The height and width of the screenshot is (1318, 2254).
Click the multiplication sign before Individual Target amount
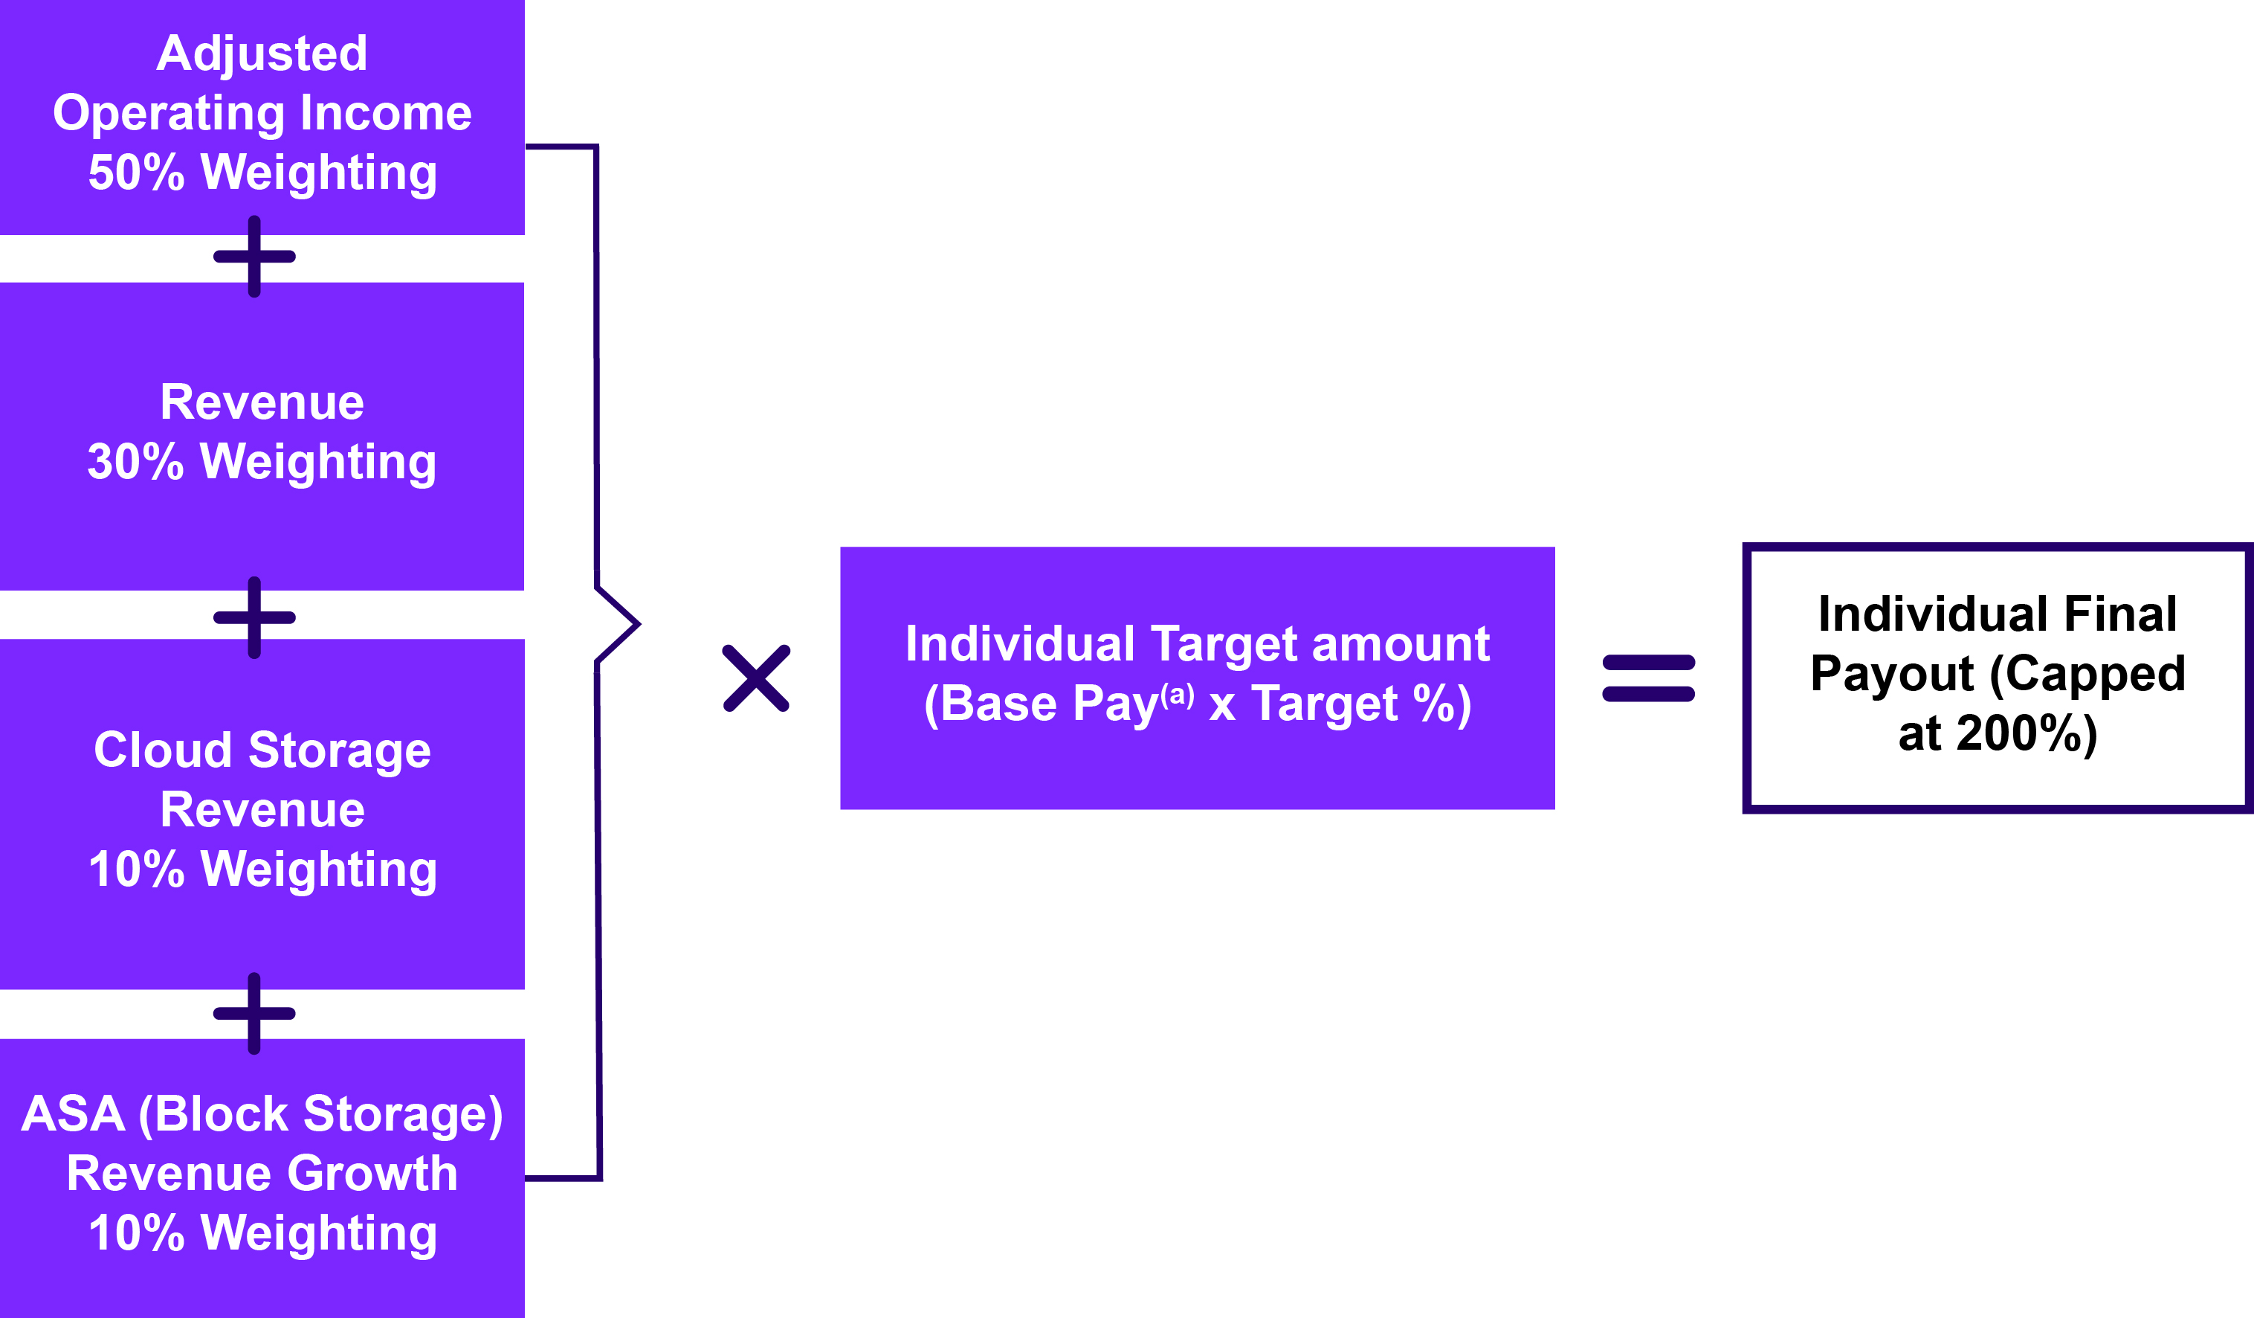pyautogui.click(x=756, y=678)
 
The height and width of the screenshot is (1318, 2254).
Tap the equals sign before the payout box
pyautogui.click(x=1648, y=678)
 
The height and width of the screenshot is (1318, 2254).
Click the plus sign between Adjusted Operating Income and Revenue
pyautogui.click(x=254, y=257)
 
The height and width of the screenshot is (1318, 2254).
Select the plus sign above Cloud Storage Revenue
pyautogui.click(x=254, y=617)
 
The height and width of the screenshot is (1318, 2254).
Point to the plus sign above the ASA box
pyautogui.click(x=254, y=1014)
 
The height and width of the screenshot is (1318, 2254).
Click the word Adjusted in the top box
pyautogui.click(x=262, y=54)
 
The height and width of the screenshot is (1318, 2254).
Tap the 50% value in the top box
pyautogui.click(x=136, y=173)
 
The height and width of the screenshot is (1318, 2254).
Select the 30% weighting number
pyautogui.click(x=135, y=462)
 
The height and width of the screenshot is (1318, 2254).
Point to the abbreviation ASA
pyautogui.click(x=74, y=1114)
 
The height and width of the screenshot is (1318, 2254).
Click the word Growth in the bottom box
pyautogui.click(x=372, y=1173)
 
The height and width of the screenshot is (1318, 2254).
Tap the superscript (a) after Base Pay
pyautogui.click(x=1177, y=695)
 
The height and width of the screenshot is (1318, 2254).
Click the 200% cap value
pyautogui.click(x=2026, y=733)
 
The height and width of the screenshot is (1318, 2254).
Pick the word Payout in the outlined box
pyautogui.click(x=1892, y=674)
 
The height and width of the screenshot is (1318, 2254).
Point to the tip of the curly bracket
pyautogui.click(x=638, y=623)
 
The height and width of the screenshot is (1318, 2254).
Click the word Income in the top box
pyautogui.click(x=386, y=114)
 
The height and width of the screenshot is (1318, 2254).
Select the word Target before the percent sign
pyautogui.click(x=1324, y=704)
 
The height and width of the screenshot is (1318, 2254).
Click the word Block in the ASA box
pyautogui.click(x=221, y=1114)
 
